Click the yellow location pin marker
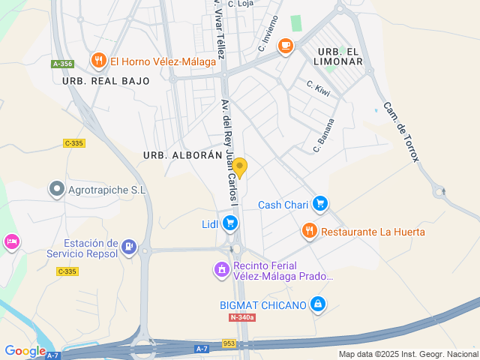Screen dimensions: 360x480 click(x=239, y=166)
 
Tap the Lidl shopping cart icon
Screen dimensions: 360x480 click(x=230, y=223)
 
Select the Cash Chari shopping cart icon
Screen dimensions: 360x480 click(x=320, y=202)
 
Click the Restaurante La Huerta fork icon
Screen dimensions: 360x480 click(x=309, y=231)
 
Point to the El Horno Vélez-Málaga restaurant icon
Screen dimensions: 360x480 click(x=97, y=60)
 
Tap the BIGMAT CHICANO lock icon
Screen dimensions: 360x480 click(x=318, y=304)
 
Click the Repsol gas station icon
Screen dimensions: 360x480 click(x=129, y=247)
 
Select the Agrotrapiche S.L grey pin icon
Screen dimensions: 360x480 click(x=55, y=189)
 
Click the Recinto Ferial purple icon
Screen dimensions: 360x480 click(x=221, y=269)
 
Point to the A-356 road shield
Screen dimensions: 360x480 click(x=62, y=64)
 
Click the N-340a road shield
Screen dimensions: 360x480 click(x=242, y=318)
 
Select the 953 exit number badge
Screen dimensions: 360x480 click(x=229, y=343)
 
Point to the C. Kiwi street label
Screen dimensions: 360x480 click(x=319, y=89)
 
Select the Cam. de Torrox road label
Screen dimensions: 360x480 click(x=402, y=133)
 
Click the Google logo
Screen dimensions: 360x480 click(x=25, y=350)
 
